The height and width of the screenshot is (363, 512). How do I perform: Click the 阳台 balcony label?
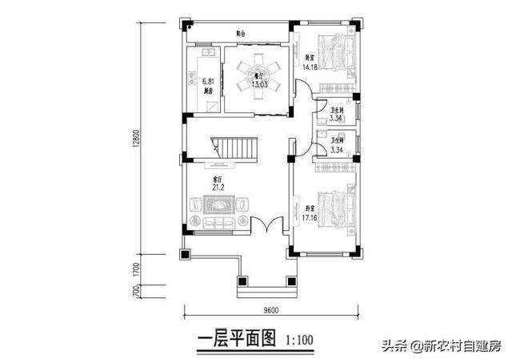(x=240, y=34)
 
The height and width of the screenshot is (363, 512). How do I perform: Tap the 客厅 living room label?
(x=216, y=179)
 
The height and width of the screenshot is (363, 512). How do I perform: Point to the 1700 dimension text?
(x=139, y=269)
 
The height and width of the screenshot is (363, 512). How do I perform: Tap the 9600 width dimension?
(x=268, y=310)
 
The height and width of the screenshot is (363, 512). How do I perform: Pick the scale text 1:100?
(x=299, y=341)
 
